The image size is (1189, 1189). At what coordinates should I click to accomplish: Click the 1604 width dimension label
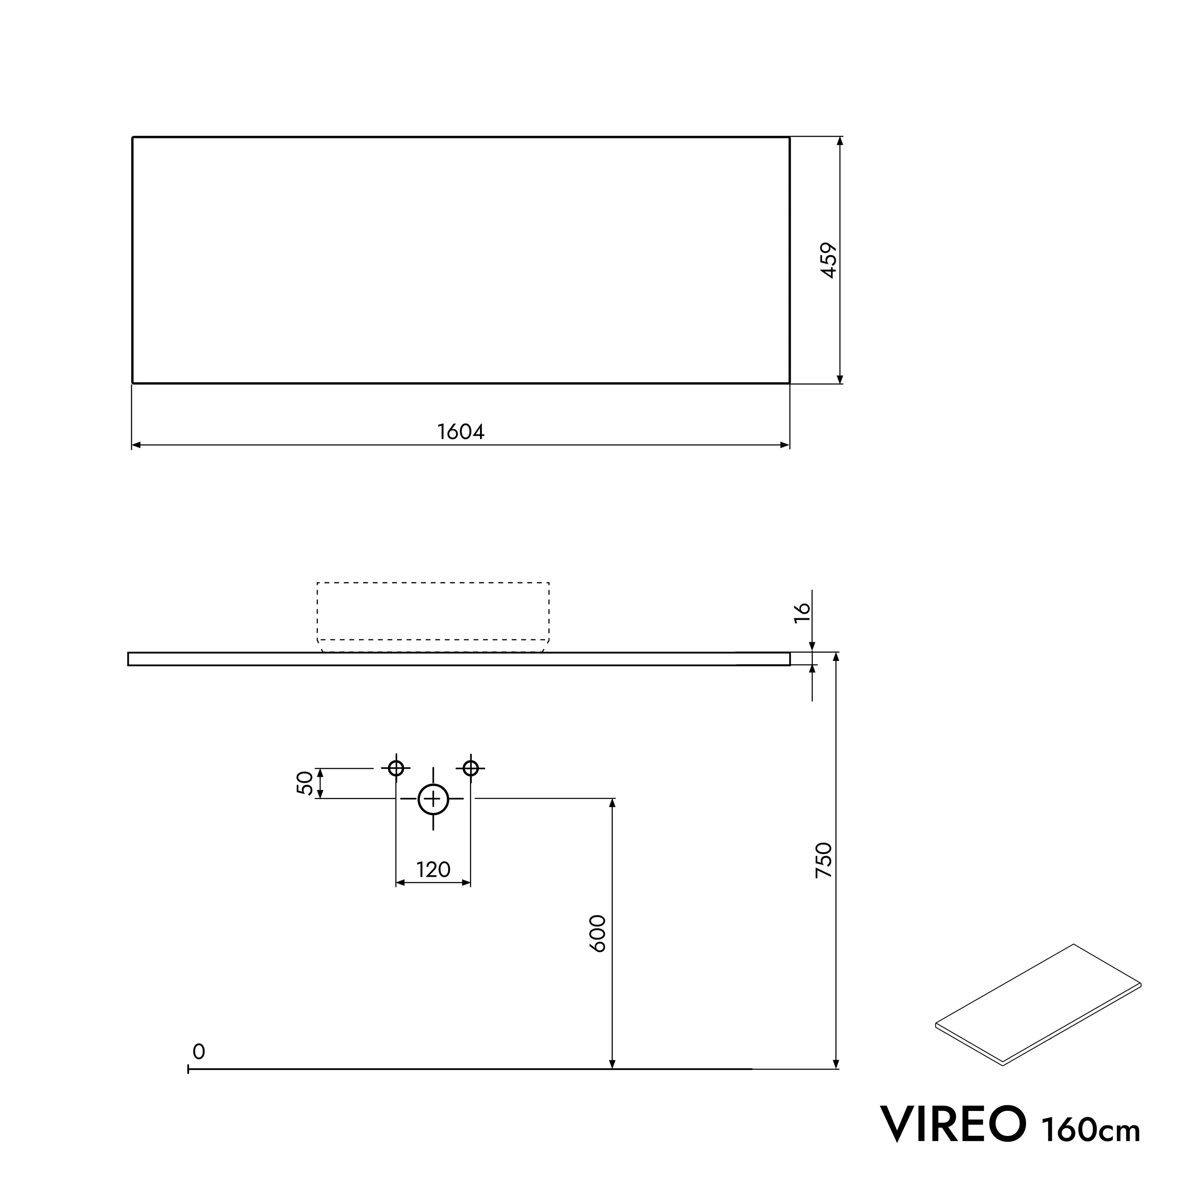tap(461, 432)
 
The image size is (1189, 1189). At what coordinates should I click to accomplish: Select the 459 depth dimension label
tap(830, 260)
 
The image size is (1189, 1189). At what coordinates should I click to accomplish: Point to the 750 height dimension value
tap(824, 860)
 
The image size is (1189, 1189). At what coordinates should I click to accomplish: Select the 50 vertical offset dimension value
tap(305, 784)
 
